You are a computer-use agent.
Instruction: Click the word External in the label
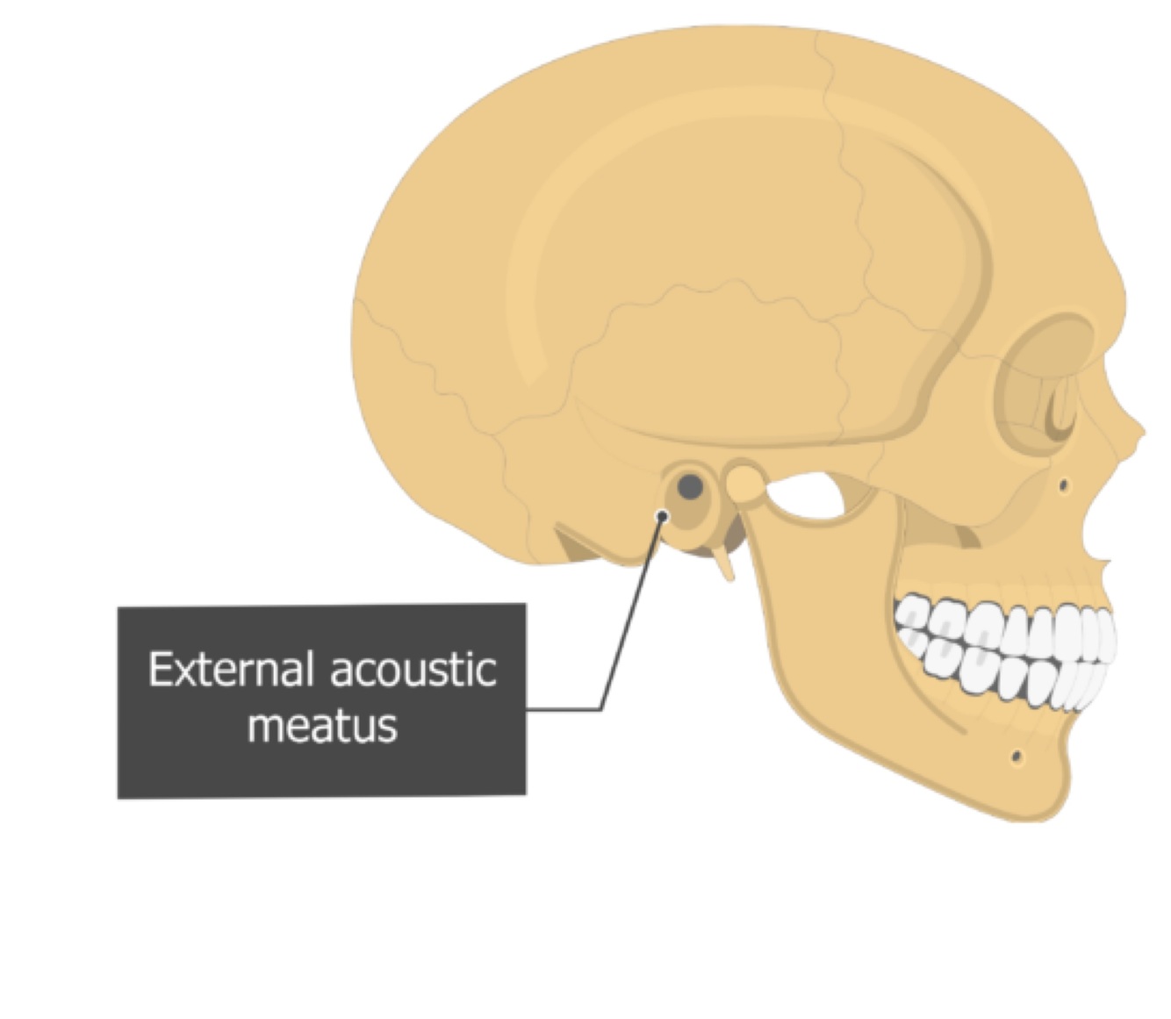230,670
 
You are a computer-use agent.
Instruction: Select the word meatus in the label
322,726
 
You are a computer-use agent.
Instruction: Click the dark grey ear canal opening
691,486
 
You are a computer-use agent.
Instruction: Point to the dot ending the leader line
662,516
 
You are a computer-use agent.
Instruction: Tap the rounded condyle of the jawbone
745,483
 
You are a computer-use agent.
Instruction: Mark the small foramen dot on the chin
1017,756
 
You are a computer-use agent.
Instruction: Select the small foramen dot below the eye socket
1063,484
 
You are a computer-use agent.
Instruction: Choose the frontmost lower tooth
1088,685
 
